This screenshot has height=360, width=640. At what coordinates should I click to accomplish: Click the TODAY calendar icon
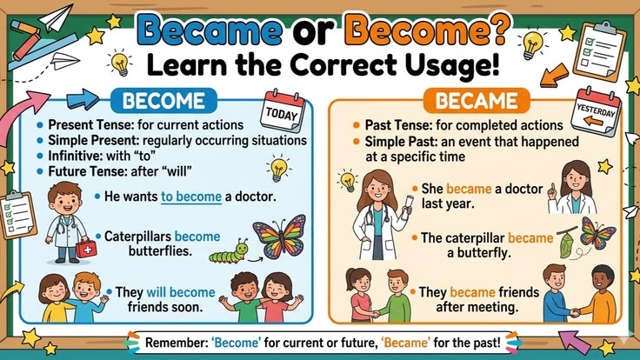coord(283,110)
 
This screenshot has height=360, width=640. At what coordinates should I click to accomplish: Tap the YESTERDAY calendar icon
coord(597,111)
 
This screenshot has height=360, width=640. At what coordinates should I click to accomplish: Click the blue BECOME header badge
coord(163,100)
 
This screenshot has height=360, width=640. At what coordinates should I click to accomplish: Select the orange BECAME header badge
coord(477,100)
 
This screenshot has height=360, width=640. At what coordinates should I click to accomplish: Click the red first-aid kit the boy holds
coord(87,249)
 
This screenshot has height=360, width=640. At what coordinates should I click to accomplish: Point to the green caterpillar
coord(229,253)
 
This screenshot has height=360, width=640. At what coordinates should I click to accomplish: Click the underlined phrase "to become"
coord(191,197)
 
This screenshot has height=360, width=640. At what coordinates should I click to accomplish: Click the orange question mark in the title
coord(498,30)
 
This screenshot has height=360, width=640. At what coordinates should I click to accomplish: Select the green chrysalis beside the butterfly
coord(566,243)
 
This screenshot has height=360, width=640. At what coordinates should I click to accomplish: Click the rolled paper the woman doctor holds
coord(408,206)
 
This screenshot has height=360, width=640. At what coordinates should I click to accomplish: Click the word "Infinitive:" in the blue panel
coord(76,156)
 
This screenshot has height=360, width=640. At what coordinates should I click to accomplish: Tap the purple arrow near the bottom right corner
coord(574,341)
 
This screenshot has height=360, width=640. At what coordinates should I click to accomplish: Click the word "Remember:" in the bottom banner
coord(177,343)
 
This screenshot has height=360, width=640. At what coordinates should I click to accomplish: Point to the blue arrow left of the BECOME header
coord(83,99)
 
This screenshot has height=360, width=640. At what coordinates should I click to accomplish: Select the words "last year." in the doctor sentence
coord(448,203)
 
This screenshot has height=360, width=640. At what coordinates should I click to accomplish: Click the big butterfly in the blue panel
coord(280,237)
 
